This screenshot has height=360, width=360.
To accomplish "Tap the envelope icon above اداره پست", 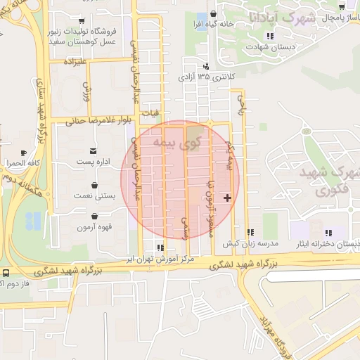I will [x=93, y=150].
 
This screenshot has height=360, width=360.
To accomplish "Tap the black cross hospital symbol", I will [x=227, y=198].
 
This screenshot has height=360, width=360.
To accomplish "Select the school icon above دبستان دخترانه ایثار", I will [x=328, y=233].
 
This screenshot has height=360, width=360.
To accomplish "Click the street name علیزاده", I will [x=74, y=63].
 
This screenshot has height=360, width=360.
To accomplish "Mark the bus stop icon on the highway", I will [x=6, y=272].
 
